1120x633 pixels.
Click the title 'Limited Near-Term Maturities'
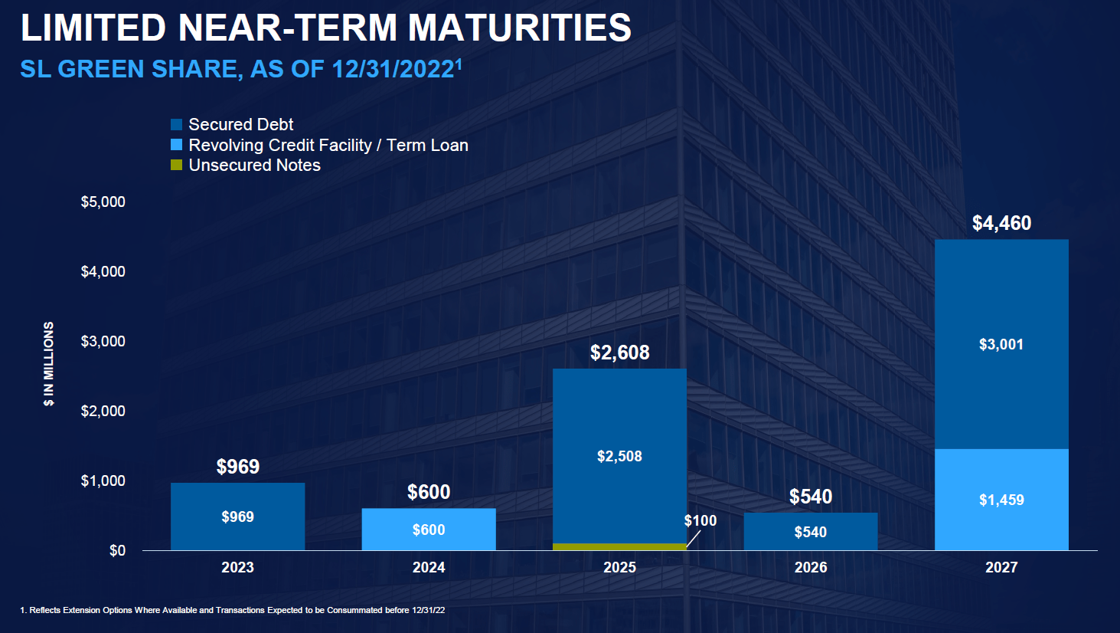[x=325, y=28]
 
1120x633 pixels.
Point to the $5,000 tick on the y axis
[x=103, y=202]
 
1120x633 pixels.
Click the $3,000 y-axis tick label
[x=103, y=342]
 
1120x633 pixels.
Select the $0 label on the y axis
[x=117, y=551]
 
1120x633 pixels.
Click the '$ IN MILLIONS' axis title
[x=49, y=363]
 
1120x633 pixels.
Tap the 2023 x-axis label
[x=237, y=568]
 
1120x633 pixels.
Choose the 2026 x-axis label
[x=810, y=568]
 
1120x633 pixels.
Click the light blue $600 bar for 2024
[x=428, y=529]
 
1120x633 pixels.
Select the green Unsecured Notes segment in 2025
[x=619, y=546]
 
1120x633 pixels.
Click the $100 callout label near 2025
[x=700, y=521]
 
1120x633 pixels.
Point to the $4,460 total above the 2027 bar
[x=1001, y=223]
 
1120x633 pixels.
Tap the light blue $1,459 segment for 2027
[x=1001, y=500]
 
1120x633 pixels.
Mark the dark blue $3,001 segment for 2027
[x=1001, y=344]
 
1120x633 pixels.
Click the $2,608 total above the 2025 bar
[x=619, y=353]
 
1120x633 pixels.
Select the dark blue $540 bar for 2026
[x=810, y=532]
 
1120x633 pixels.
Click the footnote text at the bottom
[x=232, y=611]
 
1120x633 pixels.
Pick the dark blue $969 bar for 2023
[x=237, y=517]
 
